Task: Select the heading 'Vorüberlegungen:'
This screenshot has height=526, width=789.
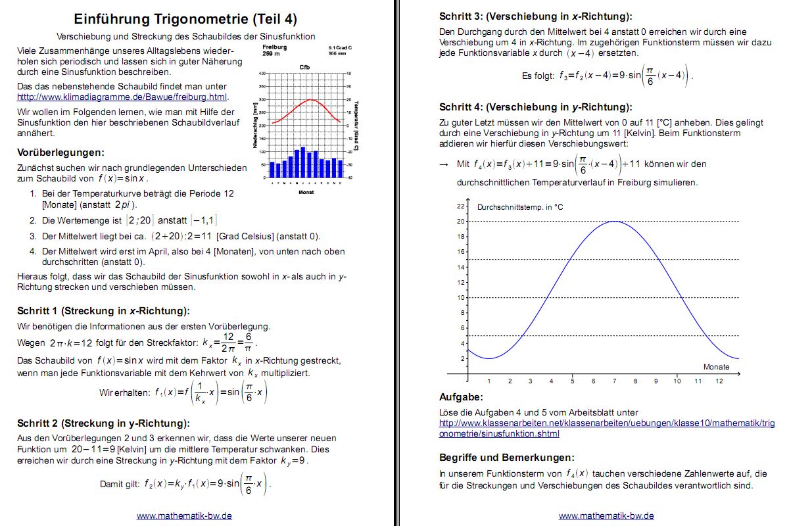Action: [x=60, y=153]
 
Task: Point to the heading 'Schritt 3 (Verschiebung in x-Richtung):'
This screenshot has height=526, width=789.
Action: [x=540, y=17]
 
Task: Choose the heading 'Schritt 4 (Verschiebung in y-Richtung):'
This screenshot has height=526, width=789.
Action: [x=536, y=107]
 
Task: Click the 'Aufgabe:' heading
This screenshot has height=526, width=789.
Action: [x=460, y=397]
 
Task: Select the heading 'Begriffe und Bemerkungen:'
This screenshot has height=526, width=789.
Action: [x=507, y=457]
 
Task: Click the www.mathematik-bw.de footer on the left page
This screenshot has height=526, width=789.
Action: [x=184, y=515]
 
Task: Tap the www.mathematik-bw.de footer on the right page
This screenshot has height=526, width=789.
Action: [x=606, y=515]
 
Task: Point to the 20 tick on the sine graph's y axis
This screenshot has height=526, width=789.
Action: [x=460, y=222]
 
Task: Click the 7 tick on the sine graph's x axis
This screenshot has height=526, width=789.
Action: [x=614, y=381]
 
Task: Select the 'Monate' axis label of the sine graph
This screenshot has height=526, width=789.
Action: [x=716, y=367]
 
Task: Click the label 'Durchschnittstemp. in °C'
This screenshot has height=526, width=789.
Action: [x=520, y=207]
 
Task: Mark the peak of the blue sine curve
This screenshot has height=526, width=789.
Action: [x=614, y=222]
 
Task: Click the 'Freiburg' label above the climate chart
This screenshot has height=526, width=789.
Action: [x=274, y=47]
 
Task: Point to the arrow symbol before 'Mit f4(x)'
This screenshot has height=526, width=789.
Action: [x=444, y=164]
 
